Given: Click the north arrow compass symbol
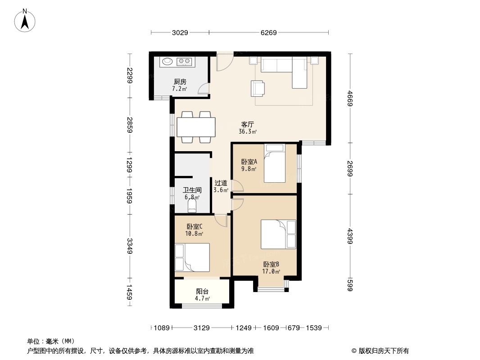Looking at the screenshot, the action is pos(25,20).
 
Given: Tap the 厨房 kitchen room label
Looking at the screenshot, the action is pos(180,81).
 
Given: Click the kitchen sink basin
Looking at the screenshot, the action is pos(167,62).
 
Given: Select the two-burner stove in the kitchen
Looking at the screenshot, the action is pos(184,62).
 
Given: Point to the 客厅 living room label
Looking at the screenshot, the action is pos(247,125).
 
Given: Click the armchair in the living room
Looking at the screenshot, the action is pos(258,88).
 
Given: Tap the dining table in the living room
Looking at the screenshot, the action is pos(196,127).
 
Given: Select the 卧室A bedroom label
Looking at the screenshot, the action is pos(249,162).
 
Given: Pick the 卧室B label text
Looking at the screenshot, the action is pos(271,264).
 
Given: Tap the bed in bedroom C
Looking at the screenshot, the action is pos(192,257).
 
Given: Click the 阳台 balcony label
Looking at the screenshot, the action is pos(202,292).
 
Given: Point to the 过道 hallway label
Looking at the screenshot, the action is pos(221,183).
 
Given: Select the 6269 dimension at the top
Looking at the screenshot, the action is pos(268,32).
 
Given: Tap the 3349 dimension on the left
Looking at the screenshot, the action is pos(130,246).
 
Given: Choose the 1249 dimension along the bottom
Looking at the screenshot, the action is pos(243,328).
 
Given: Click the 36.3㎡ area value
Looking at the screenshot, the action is pos(248,131).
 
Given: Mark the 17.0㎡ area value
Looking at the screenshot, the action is pos(271,271).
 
